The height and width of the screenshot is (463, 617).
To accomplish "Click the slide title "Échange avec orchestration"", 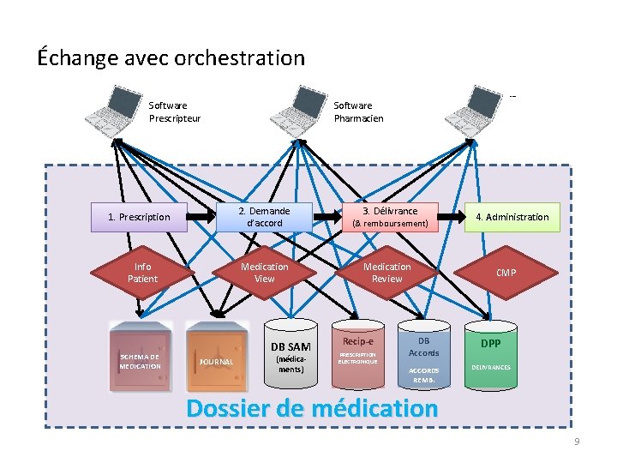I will pyautogui.click(x=171, y=58).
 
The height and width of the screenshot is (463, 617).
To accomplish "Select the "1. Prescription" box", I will pyautogui.click(x=139, y=217).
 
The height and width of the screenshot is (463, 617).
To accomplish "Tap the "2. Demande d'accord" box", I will pyautogui.click(x=264, y=217).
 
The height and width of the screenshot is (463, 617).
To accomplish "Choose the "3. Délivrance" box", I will pyautogui.click(x=390, y=217).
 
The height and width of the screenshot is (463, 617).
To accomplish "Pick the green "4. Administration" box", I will pyautogui.click(x=512, y=217).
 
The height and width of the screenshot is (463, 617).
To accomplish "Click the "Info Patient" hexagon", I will pyautogui.click(x=142, y=273).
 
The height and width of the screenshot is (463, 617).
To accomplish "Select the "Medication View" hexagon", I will pyautogui.click(x=264, y=273).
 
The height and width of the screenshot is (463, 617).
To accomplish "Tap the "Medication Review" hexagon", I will pyautogui.click(x=386, y=273).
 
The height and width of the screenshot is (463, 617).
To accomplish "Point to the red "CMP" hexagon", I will pyautogui.click(x=506, y=273).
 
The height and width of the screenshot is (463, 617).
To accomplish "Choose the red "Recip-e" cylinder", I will pyautogui.click(x=357, y=352).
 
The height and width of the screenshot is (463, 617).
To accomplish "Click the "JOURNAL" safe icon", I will pyautogui.click(x=216, y=357).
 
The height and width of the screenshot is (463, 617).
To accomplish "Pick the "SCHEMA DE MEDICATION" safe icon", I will pyautogui.click(x=140, y=357).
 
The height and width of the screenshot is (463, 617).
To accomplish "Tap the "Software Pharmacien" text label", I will pyautogui.click(x=358, y=112).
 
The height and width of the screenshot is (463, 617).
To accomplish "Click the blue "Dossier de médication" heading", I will pyautogui.click(x=312, y=408).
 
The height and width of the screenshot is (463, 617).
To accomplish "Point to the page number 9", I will pyautogui.click(x=577, y=441).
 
